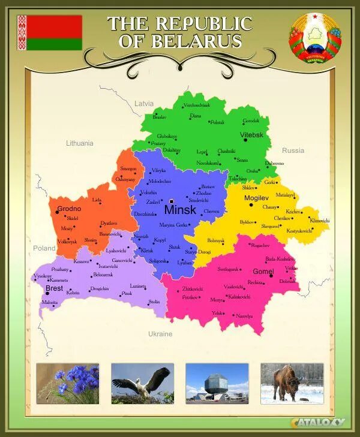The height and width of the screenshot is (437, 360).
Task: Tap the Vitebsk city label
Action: click(252, 135)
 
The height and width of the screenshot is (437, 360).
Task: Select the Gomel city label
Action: click(263, 272)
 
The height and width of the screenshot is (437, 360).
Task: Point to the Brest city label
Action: click(54, 288)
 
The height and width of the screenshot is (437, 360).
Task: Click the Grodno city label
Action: click(69, 209)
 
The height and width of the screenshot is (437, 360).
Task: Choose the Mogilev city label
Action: click(256, 197)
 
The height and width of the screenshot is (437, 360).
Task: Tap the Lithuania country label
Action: click(80, 143)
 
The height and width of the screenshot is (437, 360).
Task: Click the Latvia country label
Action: click(144, 103)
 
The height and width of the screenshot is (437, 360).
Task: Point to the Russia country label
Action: click(293, 150)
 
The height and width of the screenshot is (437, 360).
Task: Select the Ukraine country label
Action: click(160, 334)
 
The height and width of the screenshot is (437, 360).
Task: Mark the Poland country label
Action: click(44, 248)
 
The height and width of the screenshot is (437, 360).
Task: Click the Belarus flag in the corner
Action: click(49, 33)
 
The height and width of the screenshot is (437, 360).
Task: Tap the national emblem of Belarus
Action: click(314, 38)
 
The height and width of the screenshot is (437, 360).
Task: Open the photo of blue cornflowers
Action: click(68, 383)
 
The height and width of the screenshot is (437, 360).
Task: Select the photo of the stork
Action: click(142, 383)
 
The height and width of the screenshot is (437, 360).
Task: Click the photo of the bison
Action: click(292, 383)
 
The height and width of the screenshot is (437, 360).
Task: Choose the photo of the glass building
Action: click(217, 383)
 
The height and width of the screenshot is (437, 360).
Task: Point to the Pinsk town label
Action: click(127, 294)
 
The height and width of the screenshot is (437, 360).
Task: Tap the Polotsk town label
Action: click(217, 122)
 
